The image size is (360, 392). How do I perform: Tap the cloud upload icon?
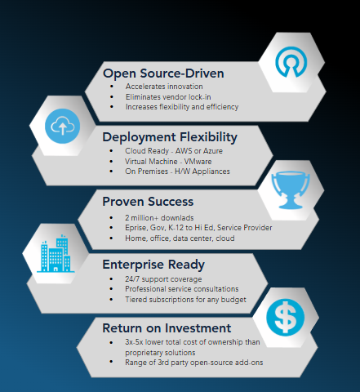click(62, 126)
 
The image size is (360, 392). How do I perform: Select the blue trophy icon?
click(291, 190)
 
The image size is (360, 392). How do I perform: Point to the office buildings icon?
click(56, 253)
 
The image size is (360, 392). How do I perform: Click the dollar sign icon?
click(285, 318)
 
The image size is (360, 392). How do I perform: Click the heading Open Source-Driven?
click(163, 73)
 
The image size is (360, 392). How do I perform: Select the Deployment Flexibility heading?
click(170, 137)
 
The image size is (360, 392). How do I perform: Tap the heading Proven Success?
click(148, 202)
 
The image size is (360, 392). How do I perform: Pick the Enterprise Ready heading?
click(153, 265)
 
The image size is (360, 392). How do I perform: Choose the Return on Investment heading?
click(167, 328)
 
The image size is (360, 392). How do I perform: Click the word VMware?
click(198, 162)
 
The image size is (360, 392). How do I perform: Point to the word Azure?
click(213, 151)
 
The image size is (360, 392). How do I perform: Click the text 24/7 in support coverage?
click(132, 279)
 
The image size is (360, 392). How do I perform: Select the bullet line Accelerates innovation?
click(164, 87)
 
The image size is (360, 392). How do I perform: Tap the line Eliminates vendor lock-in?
click(168, 97)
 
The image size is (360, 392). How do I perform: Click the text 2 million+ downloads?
click(159, 218)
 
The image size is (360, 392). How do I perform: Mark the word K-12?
click(176, 228)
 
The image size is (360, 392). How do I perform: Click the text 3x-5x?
click(134, 342)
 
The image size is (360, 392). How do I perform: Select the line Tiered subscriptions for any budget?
click(185, 300)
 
